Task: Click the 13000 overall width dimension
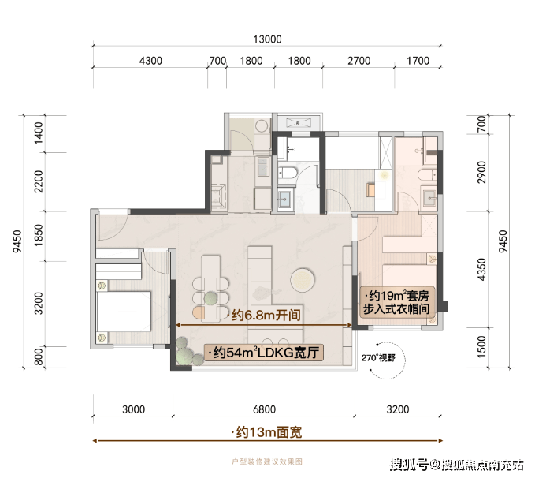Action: (x=267, y=39)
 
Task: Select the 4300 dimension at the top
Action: (x=150, y=61)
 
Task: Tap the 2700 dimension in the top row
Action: (x=359, y=61)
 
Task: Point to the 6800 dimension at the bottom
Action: (x=264, y=409)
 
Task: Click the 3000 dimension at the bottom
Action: (x=133, y=409)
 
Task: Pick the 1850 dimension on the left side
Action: (x=39, y=235)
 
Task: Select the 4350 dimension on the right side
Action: (x=481, y=270)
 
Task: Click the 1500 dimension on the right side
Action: (x=481, y=347)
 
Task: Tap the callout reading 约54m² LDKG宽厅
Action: (x=264, y=353)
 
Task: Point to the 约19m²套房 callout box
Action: (x=397, y=301)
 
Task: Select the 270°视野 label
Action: (x=378, y=358)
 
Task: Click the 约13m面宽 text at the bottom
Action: (x=266, y=432)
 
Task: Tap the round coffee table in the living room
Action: (x=303, y=280)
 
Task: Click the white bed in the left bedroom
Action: (x=124, y=312)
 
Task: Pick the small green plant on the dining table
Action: (x=211, y=298)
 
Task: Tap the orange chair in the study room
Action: (x=371, y=190)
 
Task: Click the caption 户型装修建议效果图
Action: (x=267, y=461)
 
